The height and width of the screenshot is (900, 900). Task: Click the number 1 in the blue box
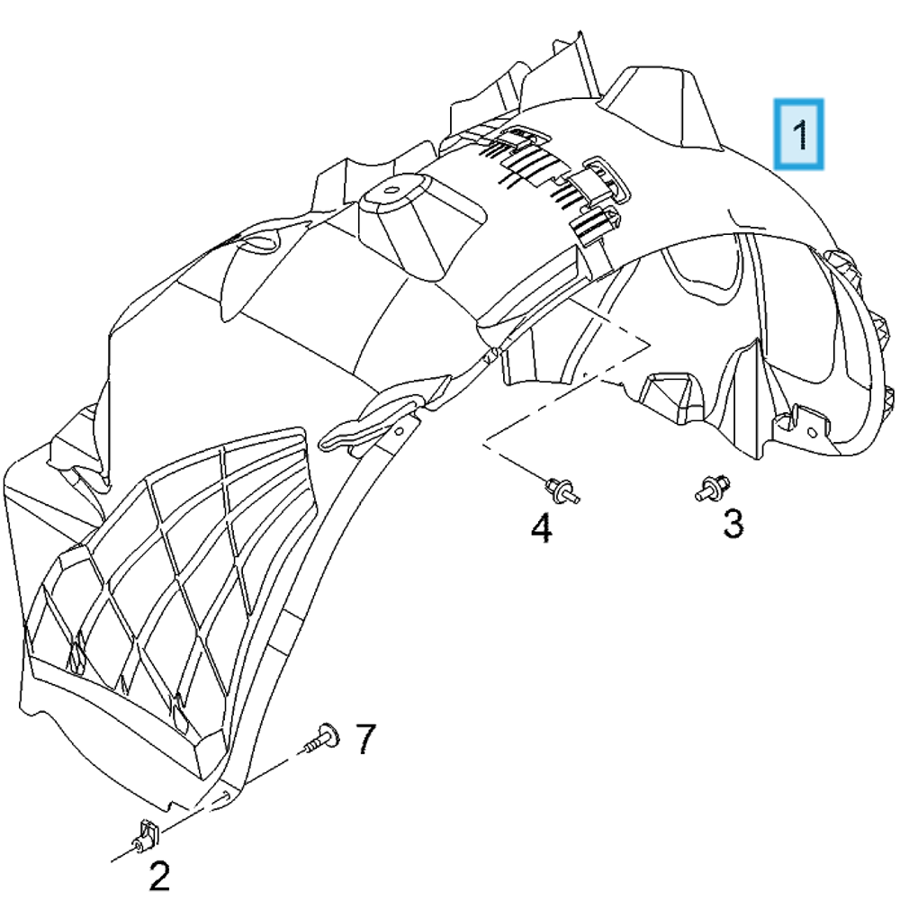click(799, 134)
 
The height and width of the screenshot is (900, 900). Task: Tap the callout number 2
click(158, 875)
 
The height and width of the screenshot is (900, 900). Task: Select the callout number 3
click(733, 522)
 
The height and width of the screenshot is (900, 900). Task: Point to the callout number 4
click(541, 528)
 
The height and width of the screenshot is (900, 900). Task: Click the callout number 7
click(364, 740)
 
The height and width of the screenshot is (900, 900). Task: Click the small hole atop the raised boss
click(394, 190)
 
